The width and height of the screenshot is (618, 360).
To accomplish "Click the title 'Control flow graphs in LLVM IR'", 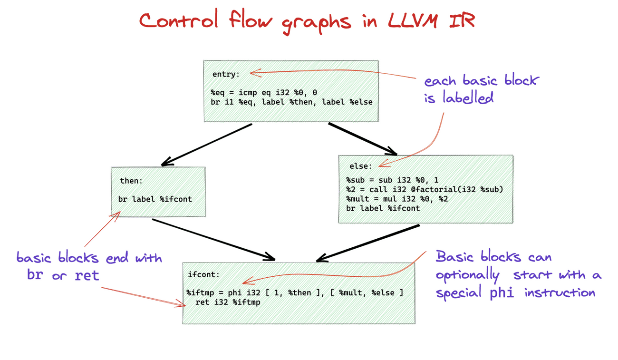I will [307, 21].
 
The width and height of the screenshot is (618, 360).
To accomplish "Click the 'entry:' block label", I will [226, 74].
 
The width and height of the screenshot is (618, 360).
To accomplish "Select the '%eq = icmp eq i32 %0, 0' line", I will [263, 93].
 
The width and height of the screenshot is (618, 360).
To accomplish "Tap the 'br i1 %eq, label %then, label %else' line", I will [291, 102].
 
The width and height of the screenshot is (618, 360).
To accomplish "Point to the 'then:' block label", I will [131, 181].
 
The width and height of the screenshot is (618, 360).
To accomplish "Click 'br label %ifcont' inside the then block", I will [155, 199].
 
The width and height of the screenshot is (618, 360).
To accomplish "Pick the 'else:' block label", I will [361, 166].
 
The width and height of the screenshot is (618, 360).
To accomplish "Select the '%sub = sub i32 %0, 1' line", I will [392, 180].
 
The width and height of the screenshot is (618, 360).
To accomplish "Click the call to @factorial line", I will [424, 189].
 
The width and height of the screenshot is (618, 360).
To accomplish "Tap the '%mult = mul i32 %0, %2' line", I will [397, 199].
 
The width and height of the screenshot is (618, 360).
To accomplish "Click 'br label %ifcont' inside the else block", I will [383, 208].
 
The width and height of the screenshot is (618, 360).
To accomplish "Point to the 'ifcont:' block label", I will [203, 274].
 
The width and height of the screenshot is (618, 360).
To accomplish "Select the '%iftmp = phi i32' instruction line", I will [295, 292].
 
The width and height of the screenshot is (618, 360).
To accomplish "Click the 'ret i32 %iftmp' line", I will [228, 302].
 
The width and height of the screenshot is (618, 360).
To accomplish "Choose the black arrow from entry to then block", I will [207, 145].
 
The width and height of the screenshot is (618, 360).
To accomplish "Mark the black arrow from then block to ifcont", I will [213, 240].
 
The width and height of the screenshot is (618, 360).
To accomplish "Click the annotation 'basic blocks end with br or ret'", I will [89, 266].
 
